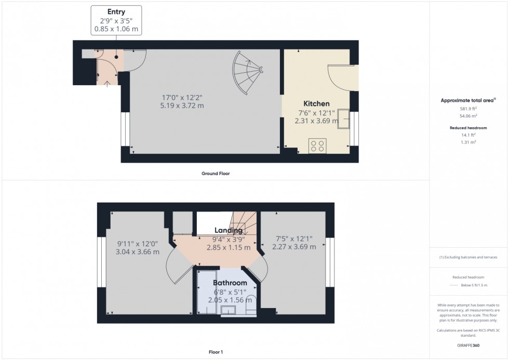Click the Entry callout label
click(116, 20)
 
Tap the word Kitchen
click(316, 104)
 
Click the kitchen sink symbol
click(343, 118)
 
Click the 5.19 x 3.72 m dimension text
click(183, 105)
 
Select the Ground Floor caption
click(216, 174)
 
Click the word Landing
click(229, 230)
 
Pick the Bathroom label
click(230, 283)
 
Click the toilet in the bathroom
click(250, 303)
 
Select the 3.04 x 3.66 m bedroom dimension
click(137, 252)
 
